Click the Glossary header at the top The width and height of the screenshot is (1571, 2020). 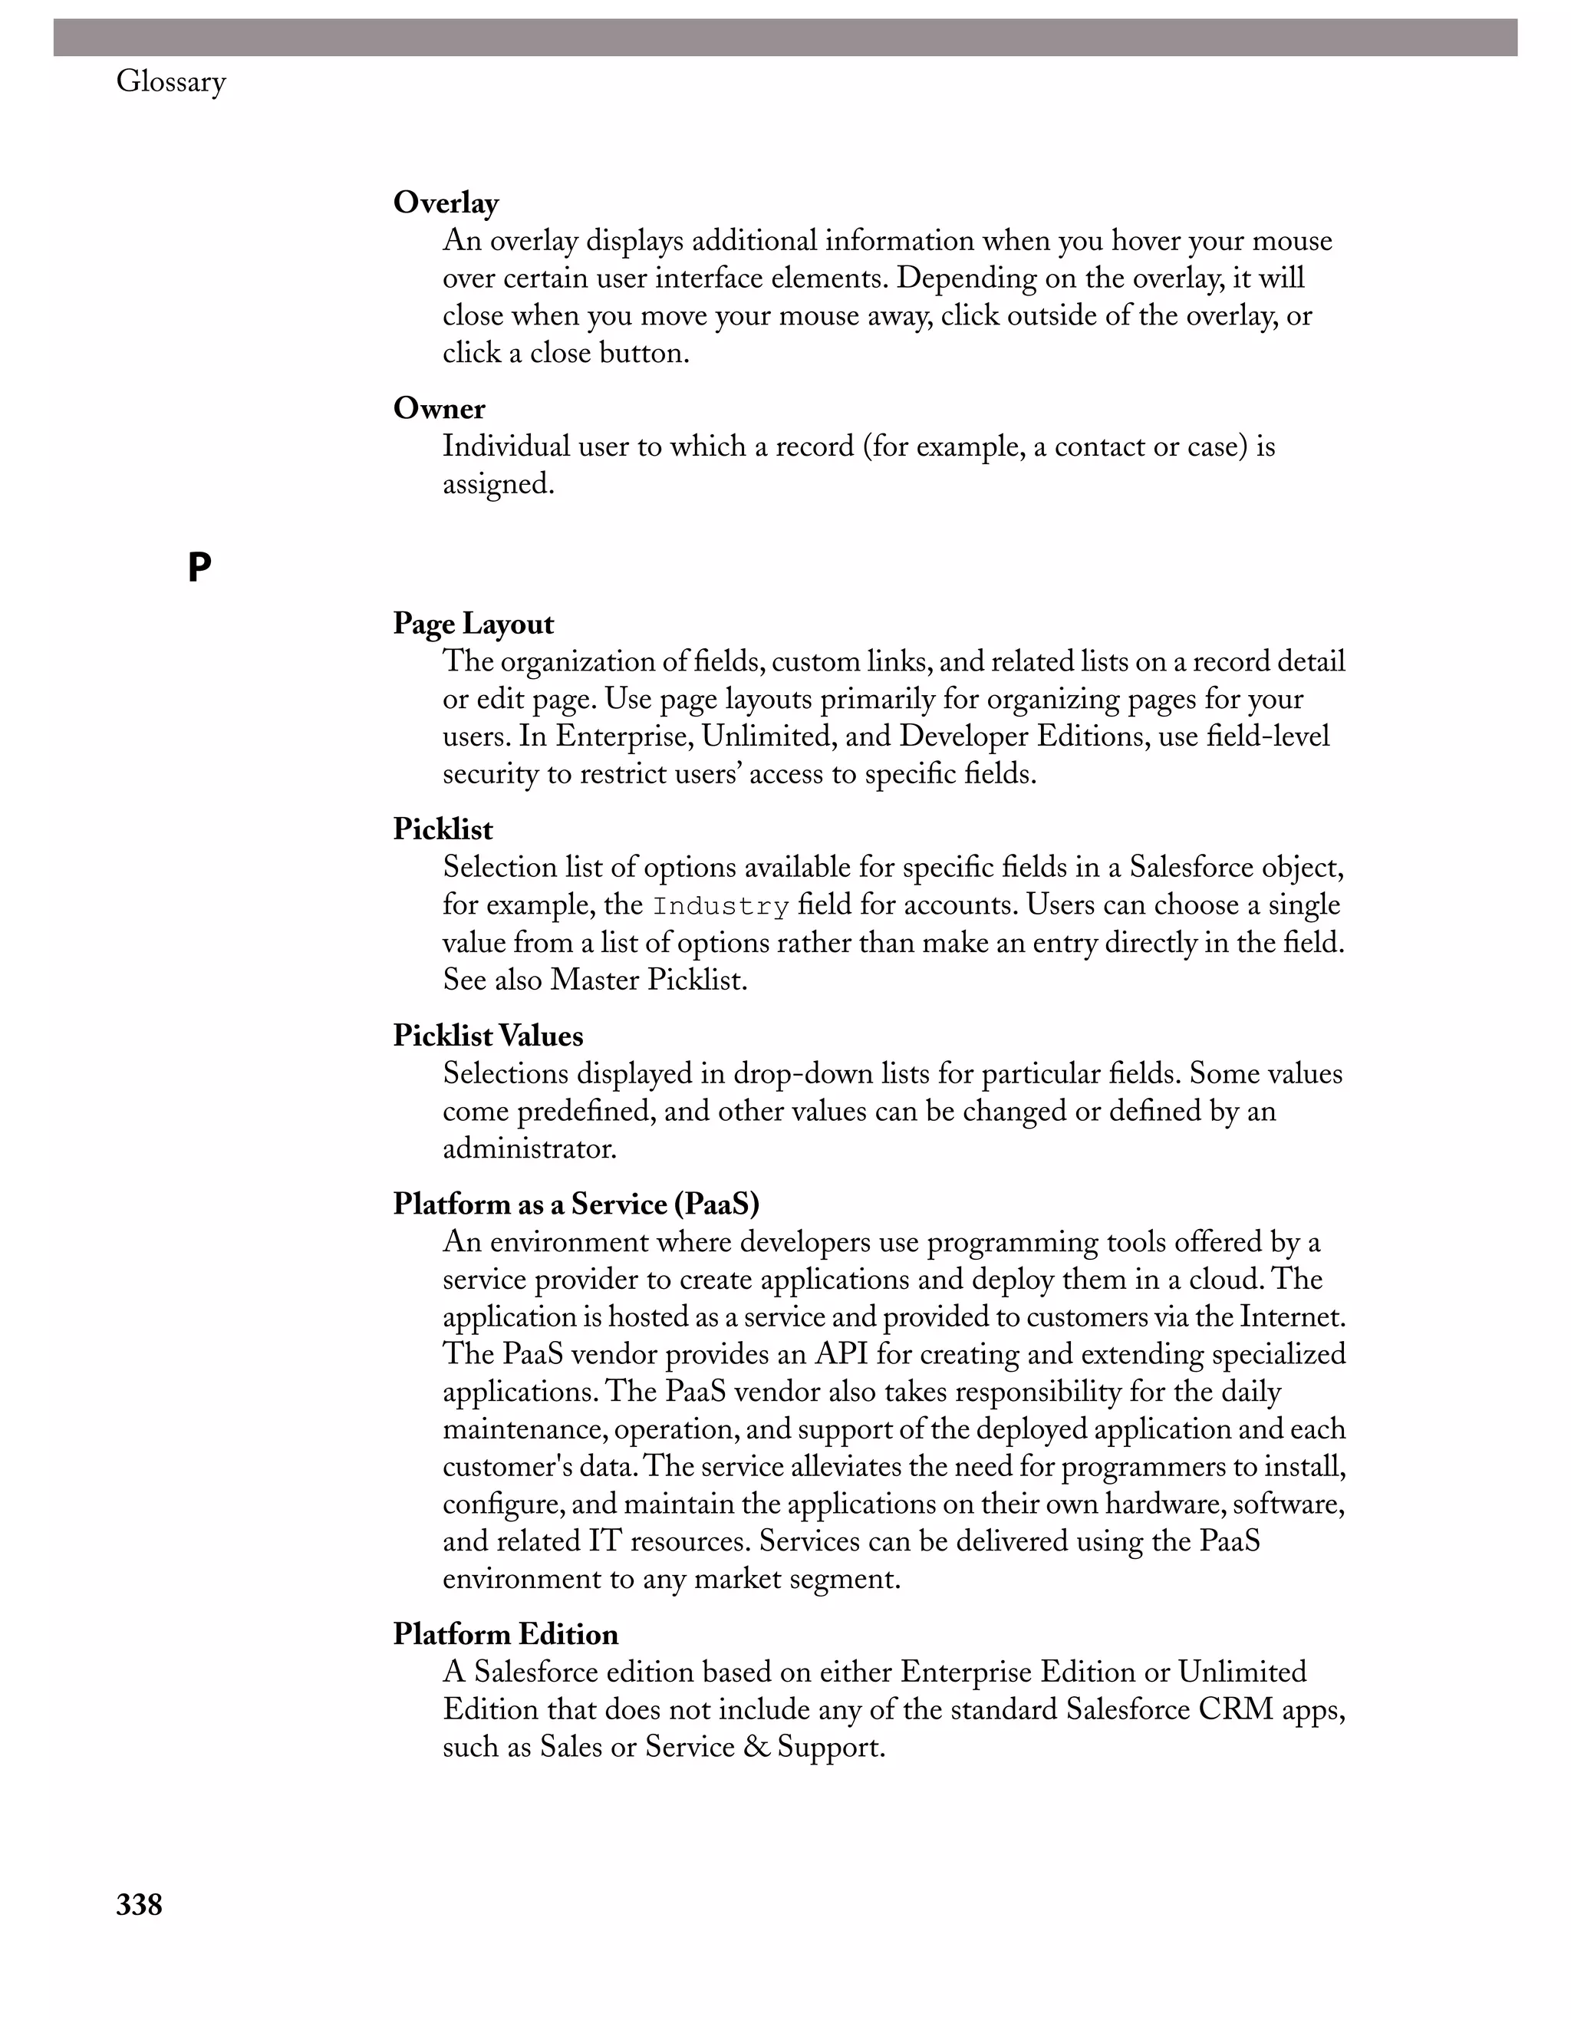[171, 82]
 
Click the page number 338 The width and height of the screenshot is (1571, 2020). [139, 1904]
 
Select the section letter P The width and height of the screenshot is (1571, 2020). [199, 567]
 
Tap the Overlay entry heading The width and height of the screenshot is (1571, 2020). [446, 203]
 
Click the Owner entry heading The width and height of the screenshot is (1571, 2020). [440, 408]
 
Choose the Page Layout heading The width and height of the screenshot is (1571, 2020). [473, 624]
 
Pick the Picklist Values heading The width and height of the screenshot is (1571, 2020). [487, 1035]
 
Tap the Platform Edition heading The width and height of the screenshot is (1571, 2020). [505, 1633]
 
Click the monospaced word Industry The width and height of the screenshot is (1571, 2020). [720, 905]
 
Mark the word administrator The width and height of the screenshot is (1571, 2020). [529, 1148]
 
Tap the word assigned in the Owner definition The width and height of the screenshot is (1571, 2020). [498, 484]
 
